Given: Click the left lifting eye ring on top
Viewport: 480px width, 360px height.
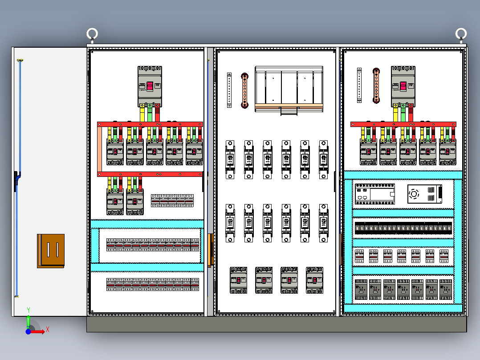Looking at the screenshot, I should (x=92, y=34).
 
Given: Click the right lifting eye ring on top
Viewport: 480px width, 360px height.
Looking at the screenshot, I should (x=461, y=34).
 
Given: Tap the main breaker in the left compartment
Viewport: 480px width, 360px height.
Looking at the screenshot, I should (x=150, y=86).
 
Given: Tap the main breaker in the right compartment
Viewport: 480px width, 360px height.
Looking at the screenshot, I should (x=403, y=86).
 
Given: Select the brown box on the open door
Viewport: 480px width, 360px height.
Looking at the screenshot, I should (x=51, y=251).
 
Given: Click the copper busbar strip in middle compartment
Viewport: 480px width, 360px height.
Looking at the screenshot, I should (x=244, y=90).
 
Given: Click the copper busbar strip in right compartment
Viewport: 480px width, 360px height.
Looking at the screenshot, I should (x=376, y=86).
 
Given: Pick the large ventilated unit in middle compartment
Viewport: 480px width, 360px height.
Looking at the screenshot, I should (x=289, y=89).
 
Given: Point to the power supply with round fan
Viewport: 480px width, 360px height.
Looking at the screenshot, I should (x=425, y=194).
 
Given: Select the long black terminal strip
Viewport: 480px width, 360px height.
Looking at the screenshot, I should (x=403, y=228).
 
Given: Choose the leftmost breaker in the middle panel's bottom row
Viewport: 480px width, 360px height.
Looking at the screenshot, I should (x=239, y=280).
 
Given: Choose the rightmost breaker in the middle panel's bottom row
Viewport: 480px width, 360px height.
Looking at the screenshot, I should (x=314, y=280).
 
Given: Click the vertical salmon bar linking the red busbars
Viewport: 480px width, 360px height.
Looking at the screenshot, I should (x=100, y=149).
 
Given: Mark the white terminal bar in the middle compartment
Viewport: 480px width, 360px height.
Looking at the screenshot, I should (x=229, y=90).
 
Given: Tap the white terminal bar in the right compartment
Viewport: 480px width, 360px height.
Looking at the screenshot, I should (x=359, y=85).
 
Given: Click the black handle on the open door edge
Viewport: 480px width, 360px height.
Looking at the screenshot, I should (x=16, y=180).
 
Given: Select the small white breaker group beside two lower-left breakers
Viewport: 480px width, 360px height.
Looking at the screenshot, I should (x=172, y=200).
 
